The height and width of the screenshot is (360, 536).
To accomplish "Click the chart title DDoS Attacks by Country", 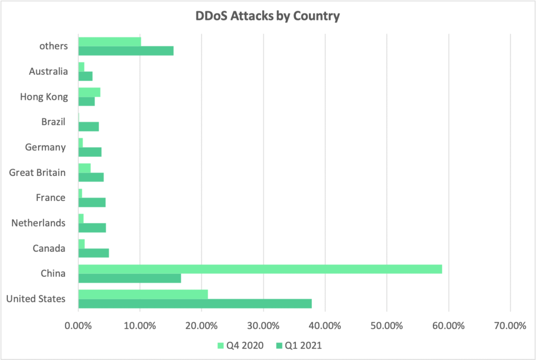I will [x=268, y=16].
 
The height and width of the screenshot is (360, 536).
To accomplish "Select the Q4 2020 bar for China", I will [x=260, y=269].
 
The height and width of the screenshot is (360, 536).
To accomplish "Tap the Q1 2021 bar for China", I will [x=130, y=278].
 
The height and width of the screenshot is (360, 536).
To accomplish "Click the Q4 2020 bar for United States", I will [x=143, y=294].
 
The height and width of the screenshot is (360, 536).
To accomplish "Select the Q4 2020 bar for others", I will [x=109, y=41].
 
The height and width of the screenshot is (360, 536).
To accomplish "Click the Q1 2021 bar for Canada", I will [x=94, y=253].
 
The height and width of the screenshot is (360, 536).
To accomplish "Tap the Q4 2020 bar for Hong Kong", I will [x=89, y=92].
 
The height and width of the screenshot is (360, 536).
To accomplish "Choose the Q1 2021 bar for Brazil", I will [x=88, y=127].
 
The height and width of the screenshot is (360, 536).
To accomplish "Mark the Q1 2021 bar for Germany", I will [x=90, y=152].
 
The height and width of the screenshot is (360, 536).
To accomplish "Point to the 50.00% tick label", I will [x=386, y=325].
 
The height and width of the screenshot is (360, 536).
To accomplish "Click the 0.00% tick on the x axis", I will [x=78, y=325].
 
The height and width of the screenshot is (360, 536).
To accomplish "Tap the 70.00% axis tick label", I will [x=509, y=325].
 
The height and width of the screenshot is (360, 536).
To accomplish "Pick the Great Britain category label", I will [x=37, y=172].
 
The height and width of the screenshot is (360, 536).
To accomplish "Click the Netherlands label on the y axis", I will [x=38, y=223].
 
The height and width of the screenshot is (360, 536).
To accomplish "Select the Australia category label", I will [x=48, y=71].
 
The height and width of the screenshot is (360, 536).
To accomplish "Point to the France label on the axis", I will [x=51, y=198].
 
